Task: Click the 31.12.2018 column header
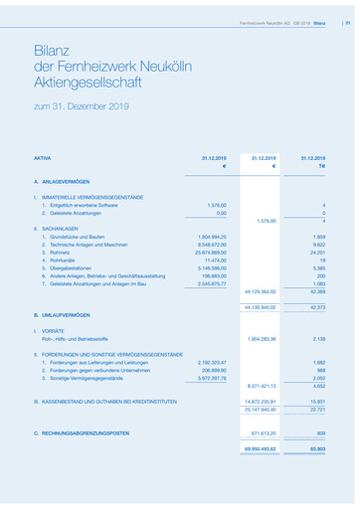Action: [312, 158]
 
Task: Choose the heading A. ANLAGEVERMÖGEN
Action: [62, 182]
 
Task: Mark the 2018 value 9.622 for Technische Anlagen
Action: [319, 245]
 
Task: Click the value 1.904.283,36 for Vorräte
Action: [260, 337]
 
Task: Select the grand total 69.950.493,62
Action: [259, 450]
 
